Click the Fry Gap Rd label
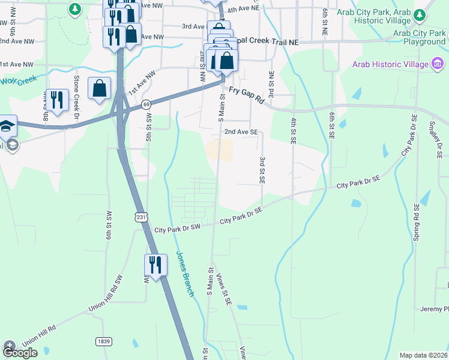point(247,97)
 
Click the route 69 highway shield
point(146,104)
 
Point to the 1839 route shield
point(103,341)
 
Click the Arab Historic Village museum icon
point(438,64)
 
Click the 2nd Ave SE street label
point(241,131)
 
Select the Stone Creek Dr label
point(76,96)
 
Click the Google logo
point(20,353)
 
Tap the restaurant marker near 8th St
point(56,100)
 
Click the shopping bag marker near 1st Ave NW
point(100,89)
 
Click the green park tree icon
point(74,8)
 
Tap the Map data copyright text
point(423,355)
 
